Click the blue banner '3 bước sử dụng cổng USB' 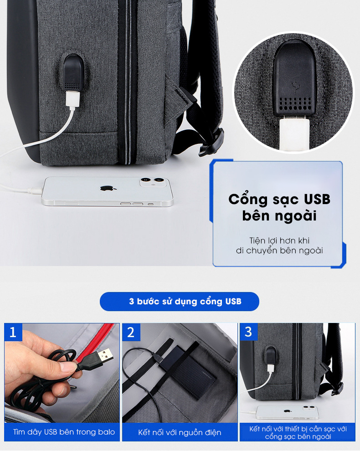(179, 302)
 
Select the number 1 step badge (13, 332)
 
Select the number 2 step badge (131, 332)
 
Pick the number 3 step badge (249, 332)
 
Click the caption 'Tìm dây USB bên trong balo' (64, 432)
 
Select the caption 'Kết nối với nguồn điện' (180, 432)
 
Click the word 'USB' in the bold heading (317, 200)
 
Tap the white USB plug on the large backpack (72, 100)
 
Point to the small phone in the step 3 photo (287, 412)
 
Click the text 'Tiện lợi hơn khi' (279, 241)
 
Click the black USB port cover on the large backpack (73, 72)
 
